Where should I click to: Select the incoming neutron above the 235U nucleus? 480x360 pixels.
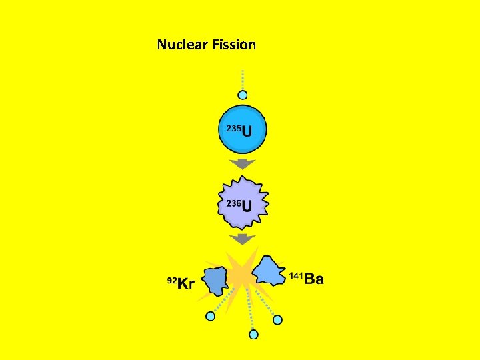[243, 95]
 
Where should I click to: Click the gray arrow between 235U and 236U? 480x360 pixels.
[243, 163]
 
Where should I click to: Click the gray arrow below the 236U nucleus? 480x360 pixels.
[243, 238]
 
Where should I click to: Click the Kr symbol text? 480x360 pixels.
[186, 284]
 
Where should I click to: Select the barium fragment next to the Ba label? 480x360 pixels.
[269, 270]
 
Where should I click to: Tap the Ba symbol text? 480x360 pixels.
[314, 279]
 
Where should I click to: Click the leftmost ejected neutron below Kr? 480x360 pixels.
[211, 316]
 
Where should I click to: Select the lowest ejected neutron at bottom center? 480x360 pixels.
[253, 334]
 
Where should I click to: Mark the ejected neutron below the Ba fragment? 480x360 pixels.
[277, 319]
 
